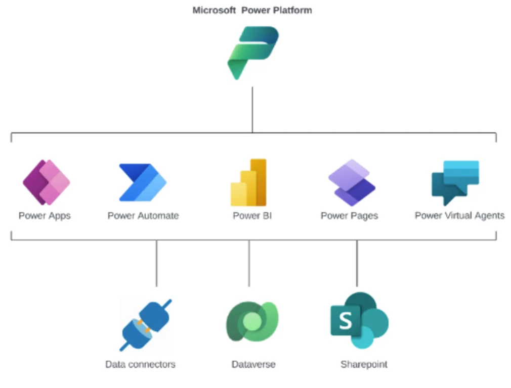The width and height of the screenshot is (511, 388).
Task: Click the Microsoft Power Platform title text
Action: tap(252, 10)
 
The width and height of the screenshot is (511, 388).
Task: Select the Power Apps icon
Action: tap(46, 182)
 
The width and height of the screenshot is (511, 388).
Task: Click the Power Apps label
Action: tap(45, 216)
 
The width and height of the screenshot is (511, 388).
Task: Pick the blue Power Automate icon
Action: tap(142, 182)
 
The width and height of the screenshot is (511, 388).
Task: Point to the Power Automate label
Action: tap(143, 216)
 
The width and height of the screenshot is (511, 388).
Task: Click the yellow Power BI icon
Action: tap(248, 183)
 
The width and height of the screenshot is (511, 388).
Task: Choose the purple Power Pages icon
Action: tap(352, 182)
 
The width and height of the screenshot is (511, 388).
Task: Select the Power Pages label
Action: tap(349, 216)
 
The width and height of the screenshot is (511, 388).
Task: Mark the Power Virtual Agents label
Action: tap(459, 216)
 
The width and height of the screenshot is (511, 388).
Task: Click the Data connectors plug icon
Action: tap(146, 325)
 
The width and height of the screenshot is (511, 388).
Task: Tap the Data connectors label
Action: tap(140, 364)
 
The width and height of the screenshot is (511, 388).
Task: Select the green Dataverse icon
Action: tap(251, 322)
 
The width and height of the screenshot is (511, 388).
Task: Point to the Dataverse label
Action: tap(253, 364)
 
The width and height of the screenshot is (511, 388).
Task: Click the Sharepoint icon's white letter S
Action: tap(345, 320)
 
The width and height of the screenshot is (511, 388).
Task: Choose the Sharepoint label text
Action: tap(364, 364)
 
